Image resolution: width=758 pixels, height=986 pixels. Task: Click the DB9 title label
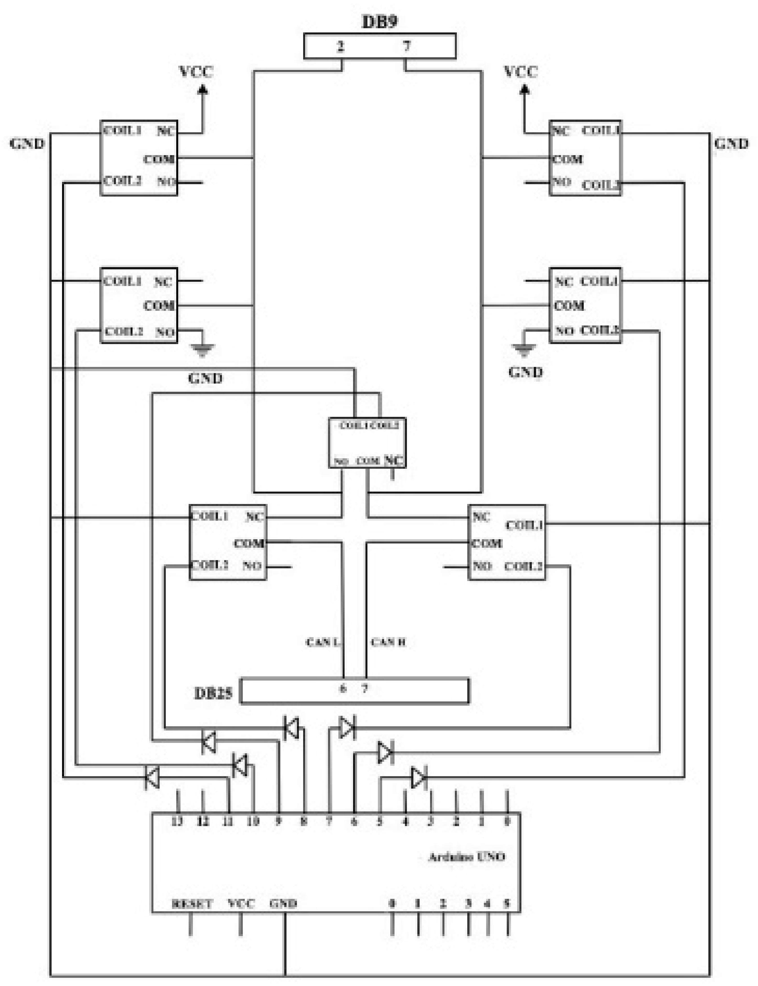pyautogui.click(x=380, y=21)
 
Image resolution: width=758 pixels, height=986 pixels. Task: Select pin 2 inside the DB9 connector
pyautogui.click(x=341, y=46)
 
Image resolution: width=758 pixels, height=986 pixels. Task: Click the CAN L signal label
pyautogui.click(x=322, y=642)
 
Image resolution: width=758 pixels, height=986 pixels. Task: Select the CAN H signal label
pyautogui.click(x=388, y=642)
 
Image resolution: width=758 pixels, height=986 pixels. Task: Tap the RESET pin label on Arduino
pyautogui.click(x=192, y=904)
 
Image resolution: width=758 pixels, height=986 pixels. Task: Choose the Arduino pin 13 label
pyautogui.click(x=177, y=821)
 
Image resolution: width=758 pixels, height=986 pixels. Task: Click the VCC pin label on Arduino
pyautogui.click(x=241, y=904)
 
